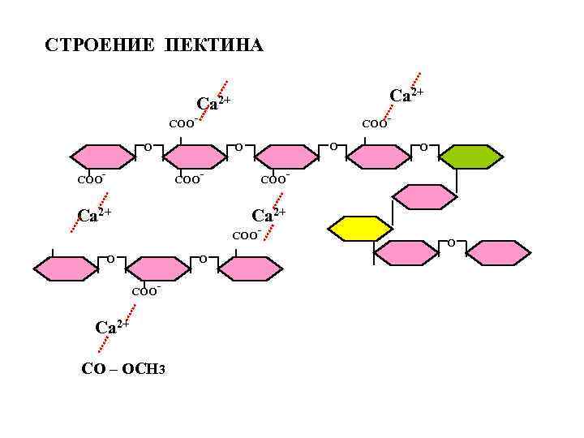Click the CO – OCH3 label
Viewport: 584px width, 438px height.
pyautogui.click(x=124, y=369)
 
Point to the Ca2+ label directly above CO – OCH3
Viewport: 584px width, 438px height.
pyautogui.click(x=113, y=327)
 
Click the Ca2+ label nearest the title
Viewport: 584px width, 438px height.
pyautogui.click(x=214, y=103)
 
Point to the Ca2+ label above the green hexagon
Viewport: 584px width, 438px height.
pyautogui.click(x=406, y=96)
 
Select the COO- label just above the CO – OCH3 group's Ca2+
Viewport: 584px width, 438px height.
pyautogui.click(x=146, y=290)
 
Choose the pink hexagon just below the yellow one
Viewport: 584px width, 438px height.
pyautogui.click(x=406, y=253)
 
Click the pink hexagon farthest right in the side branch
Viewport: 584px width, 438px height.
pyautogui.click(x=499, y=253)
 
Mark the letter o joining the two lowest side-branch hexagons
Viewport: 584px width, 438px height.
pyautogui.click(x=452, y=242)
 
